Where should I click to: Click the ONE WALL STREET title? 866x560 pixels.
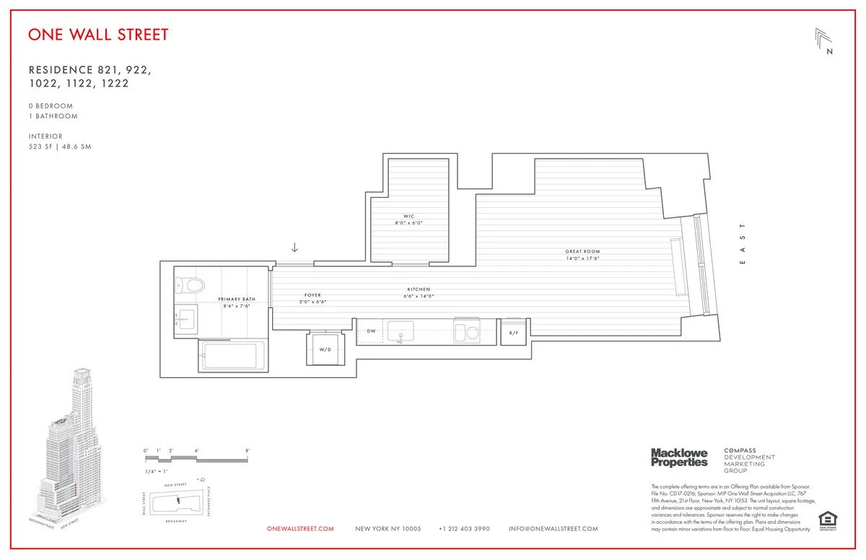[x=99, y=35]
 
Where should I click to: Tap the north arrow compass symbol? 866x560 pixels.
[x=824, y=41]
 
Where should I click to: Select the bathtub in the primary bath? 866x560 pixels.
[x=230, y=356]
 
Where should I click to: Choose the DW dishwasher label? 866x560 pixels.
[x=371, y=331]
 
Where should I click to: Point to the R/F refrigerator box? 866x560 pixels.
[x=514, y=332]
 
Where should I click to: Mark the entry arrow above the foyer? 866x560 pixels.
[x=294, y=248]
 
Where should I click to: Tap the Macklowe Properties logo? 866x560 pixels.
[x=679, y=457]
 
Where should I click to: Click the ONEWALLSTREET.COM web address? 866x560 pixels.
[x=300, y=529]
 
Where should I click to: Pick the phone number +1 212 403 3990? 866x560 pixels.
[x=464, y=529]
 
